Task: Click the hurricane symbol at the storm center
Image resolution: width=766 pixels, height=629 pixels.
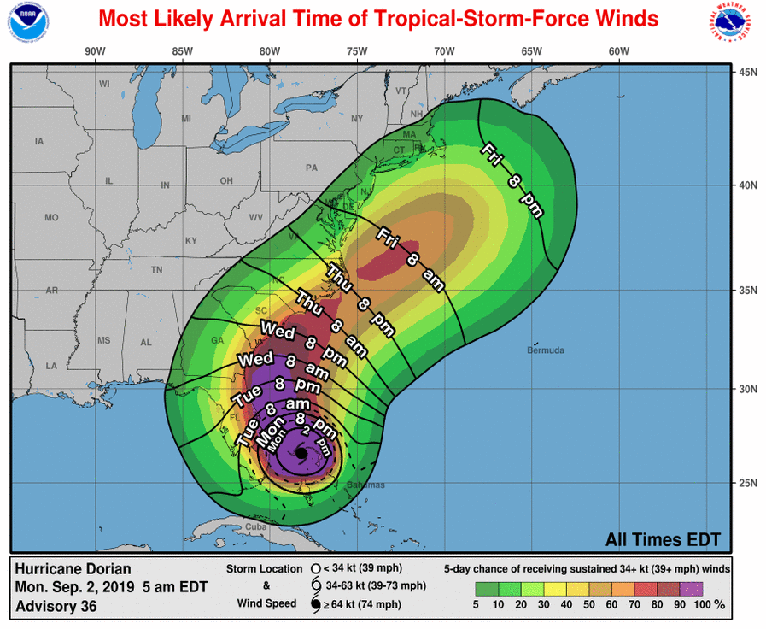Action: pos(300,454)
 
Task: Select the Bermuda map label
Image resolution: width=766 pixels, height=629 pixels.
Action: pos(546,350)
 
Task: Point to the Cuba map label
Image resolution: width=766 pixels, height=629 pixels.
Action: pos(257,526)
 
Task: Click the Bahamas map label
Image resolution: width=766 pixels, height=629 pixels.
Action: pos(366,485)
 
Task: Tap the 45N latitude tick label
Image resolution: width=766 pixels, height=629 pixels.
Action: pos(748,72)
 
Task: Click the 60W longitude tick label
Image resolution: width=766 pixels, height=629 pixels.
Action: pos(619,51)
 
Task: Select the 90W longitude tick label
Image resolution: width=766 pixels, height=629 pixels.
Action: pos(95,51)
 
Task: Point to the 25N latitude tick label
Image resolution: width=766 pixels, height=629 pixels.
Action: pos(748,483)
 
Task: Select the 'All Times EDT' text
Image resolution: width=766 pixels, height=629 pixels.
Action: pos(663,539)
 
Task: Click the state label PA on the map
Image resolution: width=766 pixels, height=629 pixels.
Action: pos(311,168)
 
